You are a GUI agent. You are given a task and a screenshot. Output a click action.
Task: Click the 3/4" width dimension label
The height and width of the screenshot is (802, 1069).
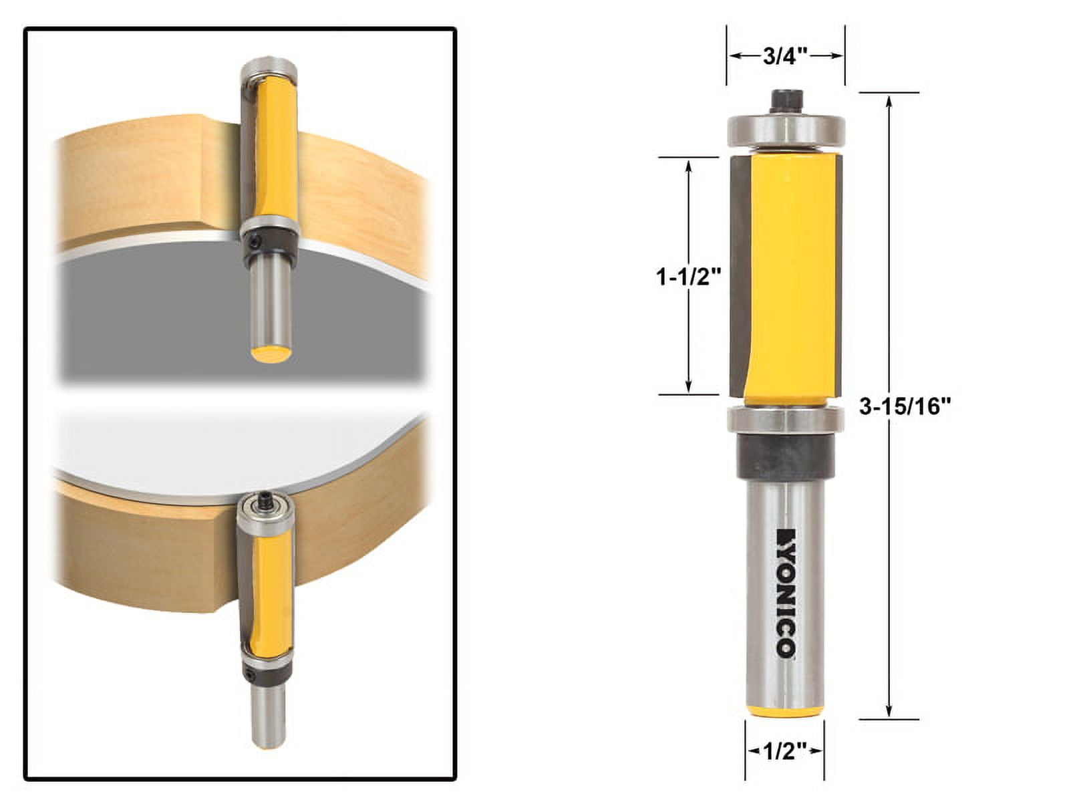click(784, 56)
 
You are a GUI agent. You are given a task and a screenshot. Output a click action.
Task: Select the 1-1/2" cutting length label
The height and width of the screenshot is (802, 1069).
click(689, 275)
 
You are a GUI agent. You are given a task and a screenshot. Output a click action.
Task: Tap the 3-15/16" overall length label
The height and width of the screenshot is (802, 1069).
click(904, 406)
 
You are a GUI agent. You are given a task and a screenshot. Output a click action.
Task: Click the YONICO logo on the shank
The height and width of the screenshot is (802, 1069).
click(784, 593)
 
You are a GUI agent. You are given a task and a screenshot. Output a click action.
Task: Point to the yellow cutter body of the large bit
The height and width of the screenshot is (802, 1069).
click(792, 274)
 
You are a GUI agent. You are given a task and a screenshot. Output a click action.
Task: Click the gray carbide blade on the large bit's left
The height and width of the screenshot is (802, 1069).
click(740, 274)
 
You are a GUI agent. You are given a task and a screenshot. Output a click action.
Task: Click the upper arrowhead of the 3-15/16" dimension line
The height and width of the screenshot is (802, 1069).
click(889, 101)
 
